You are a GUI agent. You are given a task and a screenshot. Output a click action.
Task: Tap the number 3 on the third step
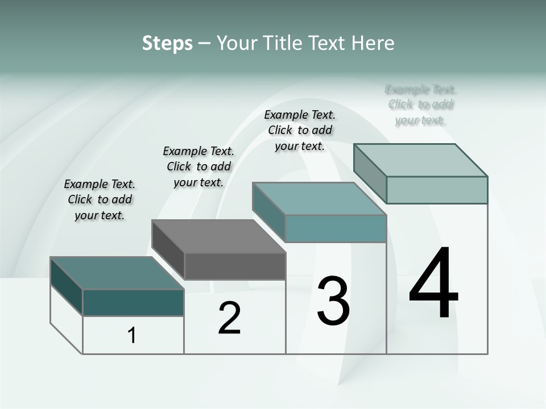tap(333, 301)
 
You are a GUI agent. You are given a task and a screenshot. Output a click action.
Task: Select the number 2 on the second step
tap(229, 318)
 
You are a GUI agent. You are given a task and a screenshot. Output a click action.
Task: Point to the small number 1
tap(132, 335)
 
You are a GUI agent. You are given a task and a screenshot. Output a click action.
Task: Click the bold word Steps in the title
tap(167, 43)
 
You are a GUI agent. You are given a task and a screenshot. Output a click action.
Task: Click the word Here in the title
tap(373, 43)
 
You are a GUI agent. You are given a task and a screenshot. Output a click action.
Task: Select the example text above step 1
tap(100, 199)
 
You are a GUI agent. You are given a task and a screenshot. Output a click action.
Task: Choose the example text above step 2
tap(198, 166)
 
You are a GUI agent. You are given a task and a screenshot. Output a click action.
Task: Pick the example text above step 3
tap(300, 130)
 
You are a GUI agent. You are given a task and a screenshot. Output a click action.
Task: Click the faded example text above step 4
tap(421, 105)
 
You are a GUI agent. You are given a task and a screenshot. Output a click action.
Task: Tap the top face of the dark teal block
tap(117, 273)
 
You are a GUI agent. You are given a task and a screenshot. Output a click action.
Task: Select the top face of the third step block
tap(319, 199)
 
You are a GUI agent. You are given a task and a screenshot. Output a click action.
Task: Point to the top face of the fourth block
tap(420, 160)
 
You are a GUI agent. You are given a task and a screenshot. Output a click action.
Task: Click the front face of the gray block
tap(235, 266)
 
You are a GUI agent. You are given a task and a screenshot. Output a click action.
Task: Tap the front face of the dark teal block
tap(133, 302)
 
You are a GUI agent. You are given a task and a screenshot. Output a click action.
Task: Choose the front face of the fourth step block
tap(437, 190)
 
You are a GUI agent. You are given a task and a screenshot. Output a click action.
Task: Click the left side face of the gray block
tap(168, 250)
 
